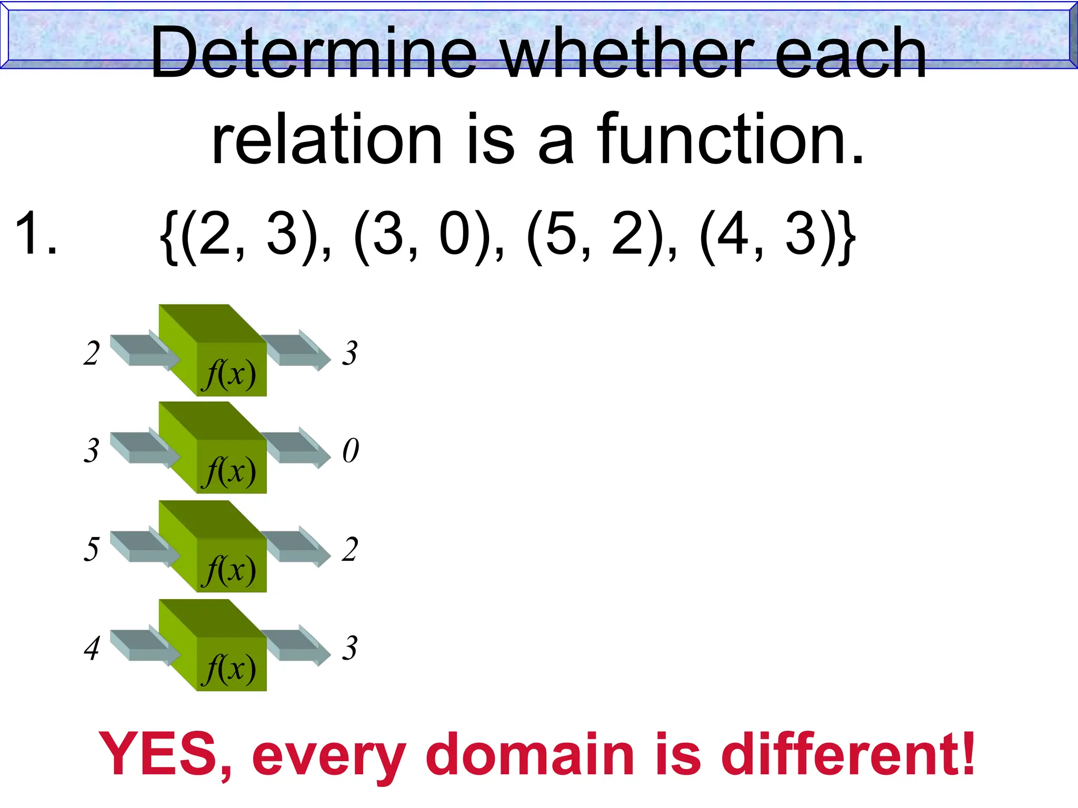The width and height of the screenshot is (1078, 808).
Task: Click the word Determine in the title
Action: click(x=314, y=54)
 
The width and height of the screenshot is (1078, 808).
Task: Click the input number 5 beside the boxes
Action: click(x=92, y=549)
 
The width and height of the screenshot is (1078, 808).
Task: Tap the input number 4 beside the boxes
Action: click(x=92, y=648)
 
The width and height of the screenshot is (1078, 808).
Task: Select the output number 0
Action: click(x=351, y=451)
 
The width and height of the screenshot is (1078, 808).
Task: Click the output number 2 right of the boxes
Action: click(x=350, y=549)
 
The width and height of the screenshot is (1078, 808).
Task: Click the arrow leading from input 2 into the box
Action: click(x=145, y=350)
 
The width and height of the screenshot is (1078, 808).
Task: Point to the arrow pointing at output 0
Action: click(x=298, y=448)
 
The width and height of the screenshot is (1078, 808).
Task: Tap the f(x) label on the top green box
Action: click(x=231, y=375)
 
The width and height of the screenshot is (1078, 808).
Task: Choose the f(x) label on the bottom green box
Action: click(x=231, y=669)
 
